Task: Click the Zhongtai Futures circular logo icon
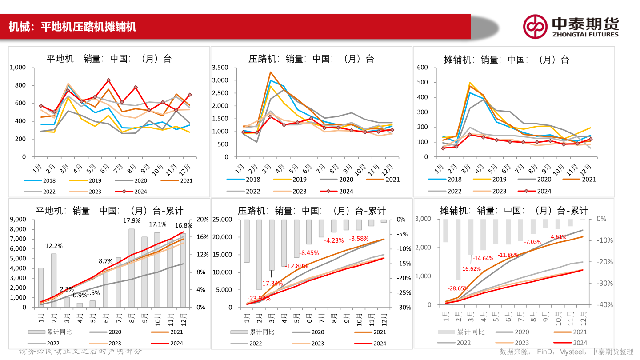[x=535, y=26]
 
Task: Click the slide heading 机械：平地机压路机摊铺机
[x=72, y=27]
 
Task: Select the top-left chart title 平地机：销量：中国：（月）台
[x=109, y=59]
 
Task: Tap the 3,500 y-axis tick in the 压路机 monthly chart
[x=220, y=68]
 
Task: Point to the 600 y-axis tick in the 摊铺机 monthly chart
[x=422, y=68]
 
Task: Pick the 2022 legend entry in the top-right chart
[x=447, y=191]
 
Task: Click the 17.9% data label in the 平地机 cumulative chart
[x=132, y=220]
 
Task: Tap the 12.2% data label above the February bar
[x=54, y=246]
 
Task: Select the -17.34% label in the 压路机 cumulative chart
[x=272, y=283]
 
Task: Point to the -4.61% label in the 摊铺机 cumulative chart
[x=558, y=237]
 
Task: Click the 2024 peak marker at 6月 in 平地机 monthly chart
[x=108, y=80]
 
